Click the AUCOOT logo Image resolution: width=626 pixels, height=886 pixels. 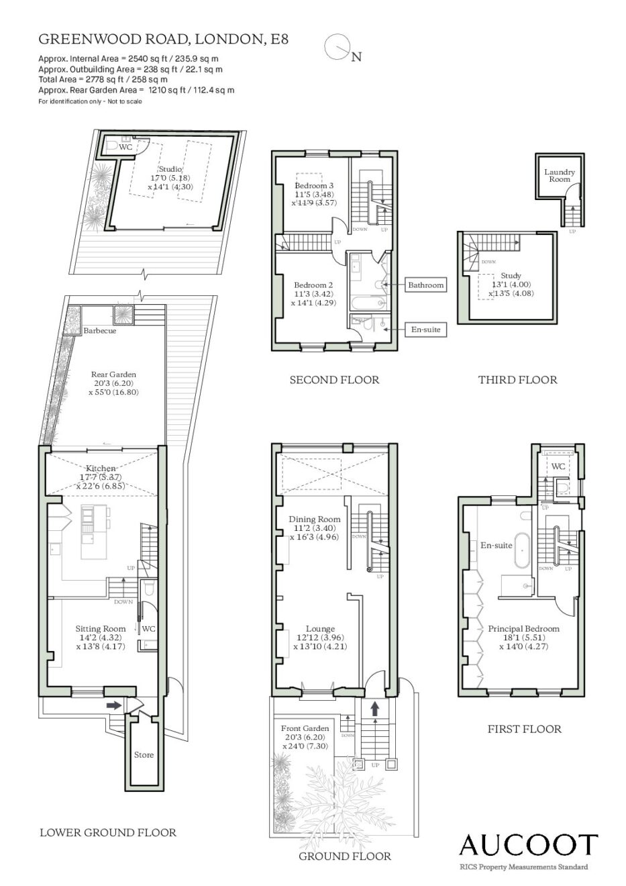pyautogui.click(x=528, y=845)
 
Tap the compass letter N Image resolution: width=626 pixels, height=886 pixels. pyautogui.click(x=356, y=57)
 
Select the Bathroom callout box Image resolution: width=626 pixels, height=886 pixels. pyautogui.click(x=425, y=285)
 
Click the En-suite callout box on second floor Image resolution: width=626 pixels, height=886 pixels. pyautogui.click(x=425, y=330)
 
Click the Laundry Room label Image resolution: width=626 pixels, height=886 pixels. pyautogui.click(x=559, y=175)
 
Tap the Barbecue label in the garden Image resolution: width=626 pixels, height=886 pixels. pyautogui.click(x=100, y=331)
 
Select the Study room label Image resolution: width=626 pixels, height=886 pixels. pyautogui.click(x=511, y=275)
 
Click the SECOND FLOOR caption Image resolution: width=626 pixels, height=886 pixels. pyautogui.click(x=335, y=380)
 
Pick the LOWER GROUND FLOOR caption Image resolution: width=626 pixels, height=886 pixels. pyautogui.click(x=108, y=832)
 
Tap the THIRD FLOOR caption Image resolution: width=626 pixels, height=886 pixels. pyautogui.click(x=518, y=380)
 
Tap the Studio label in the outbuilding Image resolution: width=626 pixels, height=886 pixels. pyautogui.click(x=170, y=169)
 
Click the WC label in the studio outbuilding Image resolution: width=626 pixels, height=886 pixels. pyautogui.click(x=125, y=147)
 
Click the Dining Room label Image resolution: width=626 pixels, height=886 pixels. pyautogui.click(x=315, y=520)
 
